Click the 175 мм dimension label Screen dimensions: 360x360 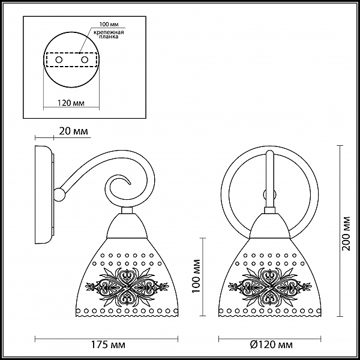108,344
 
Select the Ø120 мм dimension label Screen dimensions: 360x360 272,344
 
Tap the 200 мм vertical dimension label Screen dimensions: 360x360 346,233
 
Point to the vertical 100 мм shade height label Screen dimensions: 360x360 196,276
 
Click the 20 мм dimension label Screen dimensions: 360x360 73,131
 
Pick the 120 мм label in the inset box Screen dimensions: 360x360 71,103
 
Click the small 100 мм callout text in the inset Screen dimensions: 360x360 109,25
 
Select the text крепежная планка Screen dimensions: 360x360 109,34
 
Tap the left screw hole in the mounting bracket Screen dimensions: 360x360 59,60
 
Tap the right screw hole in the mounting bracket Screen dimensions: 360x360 85,60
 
